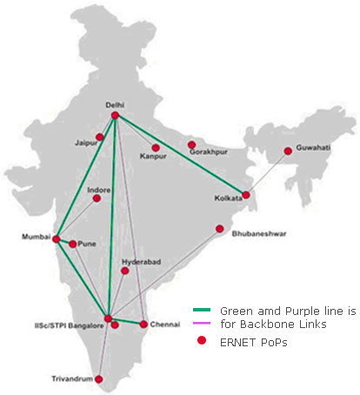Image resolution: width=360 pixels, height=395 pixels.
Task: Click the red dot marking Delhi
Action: point(115,116)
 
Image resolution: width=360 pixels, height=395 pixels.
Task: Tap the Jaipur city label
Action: point(85,140)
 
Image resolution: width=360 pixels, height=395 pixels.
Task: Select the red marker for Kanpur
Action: point(156,147)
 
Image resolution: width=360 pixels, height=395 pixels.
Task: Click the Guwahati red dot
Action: point(288,151)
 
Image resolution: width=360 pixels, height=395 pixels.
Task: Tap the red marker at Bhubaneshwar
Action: point(220,229)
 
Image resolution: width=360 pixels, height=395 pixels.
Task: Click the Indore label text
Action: point(99,189)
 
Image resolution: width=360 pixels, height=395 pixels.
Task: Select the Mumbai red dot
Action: point(57,239)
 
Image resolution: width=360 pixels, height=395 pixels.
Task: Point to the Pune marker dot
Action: point(74,244)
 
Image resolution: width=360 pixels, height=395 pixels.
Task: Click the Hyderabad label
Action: point(138,260)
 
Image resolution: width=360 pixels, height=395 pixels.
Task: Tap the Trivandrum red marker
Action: point(99,379)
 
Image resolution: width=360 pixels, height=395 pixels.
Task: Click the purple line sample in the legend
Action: point(202,324)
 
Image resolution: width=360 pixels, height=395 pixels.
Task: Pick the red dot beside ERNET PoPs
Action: point(202,342)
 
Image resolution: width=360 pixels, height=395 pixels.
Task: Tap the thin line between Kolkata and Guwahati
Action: point(268,173)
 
